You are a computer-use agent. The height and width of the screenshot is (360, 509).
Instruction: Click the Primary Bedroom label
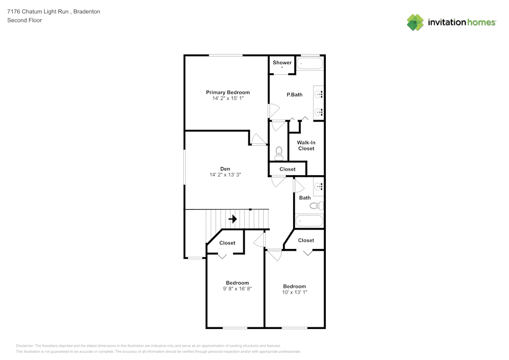228,93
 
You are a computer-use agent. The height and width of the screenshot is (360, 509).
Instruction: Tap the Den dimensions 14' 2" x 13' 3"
225,175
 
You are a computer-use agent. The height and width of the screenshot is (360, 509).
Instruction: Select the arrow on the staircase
233,219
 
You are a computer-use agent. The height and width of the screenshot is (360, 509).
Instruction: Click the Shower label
282,62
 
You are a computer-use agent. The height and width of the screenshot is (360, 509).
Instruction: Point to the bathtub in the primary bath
310,64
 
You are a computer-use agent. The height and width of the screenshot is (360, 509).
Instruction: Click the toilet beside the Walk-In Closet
279,153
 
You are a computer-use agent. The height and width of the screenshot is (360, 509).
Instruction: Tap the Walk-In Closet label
306,146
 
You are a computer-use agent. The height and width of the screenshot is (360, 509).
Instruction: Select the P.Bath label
294,95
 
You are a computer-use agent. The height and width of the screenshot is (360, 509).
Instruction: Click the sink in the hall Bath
319,187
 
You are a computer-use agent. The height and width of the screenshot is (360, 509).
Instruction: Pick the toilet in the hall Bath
317,206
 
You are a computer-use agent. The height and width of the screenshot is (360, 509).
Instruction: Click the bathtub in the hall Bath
309,221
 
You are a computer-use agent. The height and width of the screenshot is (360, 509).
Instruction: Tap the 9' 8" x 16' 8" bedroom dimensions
237,289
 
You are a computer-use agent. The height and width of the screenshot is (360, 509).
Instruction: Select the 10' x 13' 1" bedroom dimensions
294,292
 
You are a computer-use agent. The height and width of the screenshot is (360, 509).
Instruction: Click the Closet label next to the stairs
227,243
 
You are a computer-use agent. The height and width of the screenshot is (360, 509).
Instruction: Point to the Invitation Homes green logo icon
415,22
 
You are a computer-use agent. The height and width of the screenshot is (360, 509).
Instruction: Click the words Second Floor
24,20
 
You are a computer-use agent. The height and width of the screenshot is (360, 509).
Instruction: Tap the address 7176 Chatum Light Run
38,11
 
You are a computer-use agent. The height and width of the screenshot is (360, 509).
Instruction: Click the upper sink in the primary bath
319,95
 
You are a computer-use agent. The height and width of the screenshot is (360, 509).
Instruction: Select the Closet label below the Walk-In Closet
287,169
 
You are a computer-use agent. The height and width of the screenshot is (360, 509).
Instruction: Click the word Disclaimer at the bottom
24,346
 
